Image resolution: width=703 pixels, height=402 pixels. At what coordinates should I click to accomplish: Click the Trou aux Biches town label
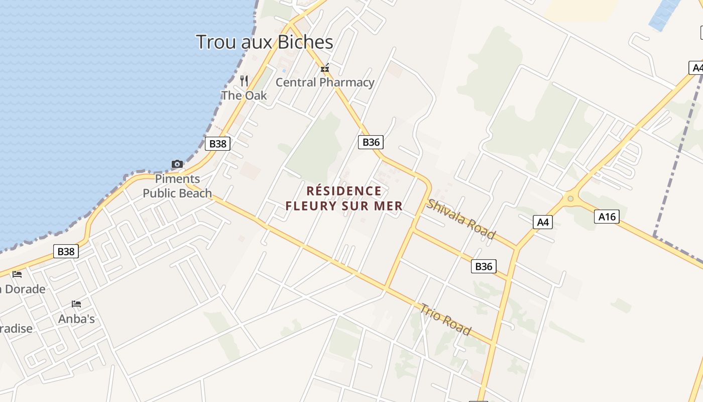(x=264, y=42)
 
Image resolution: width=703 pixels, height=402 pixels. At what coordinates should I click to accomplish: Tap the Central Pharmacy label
(x=325, y=82)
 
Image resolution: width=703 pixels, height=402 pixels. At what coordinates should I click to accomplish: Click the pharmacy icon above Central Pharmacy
(x=325, y=68)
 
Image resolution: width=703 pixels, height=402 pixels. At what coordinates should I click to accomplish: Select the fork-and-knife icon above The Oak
(x=244, y=80)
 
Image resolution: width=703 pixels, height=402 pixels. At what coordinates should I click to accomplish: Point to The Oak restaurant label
(x=244, y=95)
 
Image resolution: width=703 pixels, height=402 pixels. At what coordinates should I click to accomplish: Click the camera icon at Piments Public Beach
(x=177, y=164)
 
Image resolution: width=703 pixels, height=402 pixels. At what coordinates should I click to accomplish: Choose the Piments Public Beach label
(x=177, y=186)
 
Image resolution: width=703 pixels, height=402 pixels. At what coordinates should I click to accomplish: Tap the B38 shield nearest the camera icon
(x=217, y=144)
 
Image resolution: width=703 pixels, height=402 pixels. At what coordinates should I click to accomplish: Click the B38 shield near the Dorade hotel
(x=66, y=251)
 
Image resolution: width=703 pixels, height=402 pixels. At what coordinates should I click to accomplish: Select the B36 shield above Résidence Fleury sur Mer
(x=371, y=142)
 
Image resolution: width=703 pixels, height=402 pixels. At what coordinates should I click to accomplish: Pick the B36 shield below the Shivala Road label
(x=484, y=266)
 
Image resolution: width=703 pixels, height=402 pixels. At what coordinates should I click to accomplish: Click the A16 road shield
(x=607, y=217)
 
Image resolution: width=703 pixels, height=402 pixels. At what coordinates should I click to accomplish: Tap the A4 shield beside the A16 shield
(x=542, y=222)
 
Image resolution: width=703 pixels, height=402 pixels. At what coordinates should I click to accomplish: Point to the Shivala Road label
(x=461, y=219)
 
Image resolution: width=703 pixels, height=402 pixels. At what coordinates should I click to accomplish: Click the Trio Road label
(x=446, y=320)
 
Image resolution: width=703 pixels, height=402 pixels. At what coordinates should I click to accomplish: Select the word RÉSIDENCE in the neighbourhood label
(x=344, y=191)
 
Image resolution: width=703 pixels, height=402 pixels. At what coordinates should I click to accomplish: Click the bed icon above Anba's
(x=76, y=304)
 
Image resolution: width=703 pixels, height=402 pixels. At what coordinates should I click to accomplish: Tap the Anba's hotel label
(x=76, y=319)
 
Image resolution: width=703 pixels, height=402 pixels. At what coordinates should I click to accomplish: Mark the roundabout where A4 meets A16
(x=570, y=198)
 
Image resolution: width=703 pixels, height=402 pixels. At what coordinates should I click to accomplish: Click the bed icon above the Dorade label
(x=17, y=274)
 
